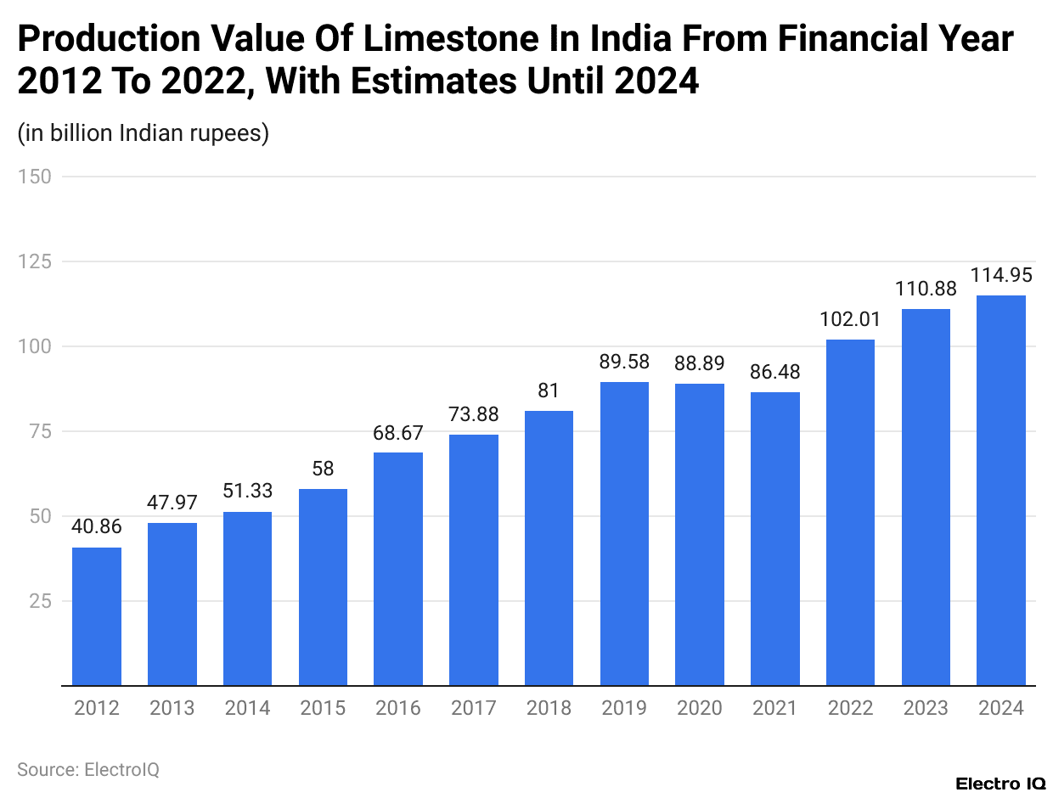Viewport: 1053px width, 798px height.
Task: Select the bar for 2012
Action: point(97,616)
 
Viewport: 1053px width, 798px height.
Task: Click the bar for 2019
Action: point(624,534)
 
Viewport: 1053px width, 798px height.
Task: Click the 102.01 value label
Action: point(850,320)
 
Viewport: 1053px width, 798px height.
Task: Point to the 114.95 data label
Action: point(1001,275)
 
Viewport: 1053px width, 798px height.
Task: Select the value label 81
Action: point(549,391)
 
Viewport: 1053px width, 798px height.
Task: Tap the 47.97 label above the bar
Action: point(172,503)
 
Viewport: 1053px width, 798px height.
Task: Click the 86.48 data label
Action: point(774,372)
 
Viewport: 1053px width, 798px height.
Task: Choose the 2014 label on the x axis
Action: point(247,708)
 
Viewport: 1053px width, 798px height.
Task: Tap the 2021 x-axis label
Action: point(774,708)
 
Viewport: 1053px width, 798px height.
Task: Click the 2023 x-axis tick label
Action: point(926,708)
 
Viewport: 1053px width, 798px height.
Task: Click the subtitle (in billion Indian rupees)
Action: point(144,133)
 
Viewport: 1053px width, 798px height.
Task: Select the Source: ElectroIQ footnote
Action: point(88,769)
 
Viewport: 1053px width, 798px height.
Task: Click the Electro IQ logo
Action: point(1000,783)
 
